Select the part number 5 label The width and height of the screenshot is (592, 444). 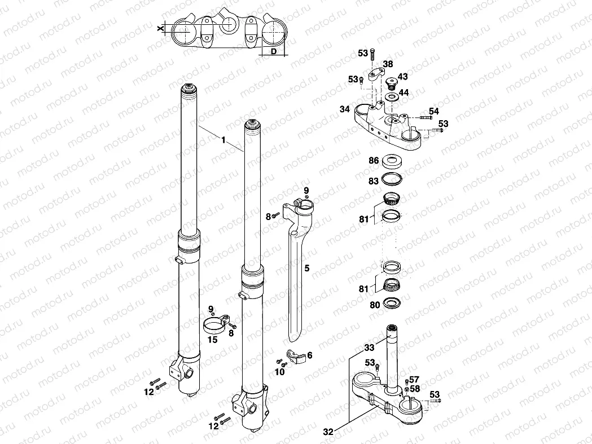coord(307,269)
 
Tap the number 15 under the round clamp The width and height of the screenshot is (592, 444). coord(212,340)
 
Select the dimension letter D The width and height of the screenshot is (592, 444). coord(274,52)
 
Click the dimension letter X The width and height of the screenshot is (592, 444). coord(161,27)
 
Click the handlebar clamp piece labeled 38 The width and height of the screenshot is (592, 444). coord(376,73)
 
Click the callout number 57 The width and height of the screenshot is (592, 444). coord(415,380)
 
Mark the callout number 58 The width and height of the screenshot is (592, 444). coord(415,389)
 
